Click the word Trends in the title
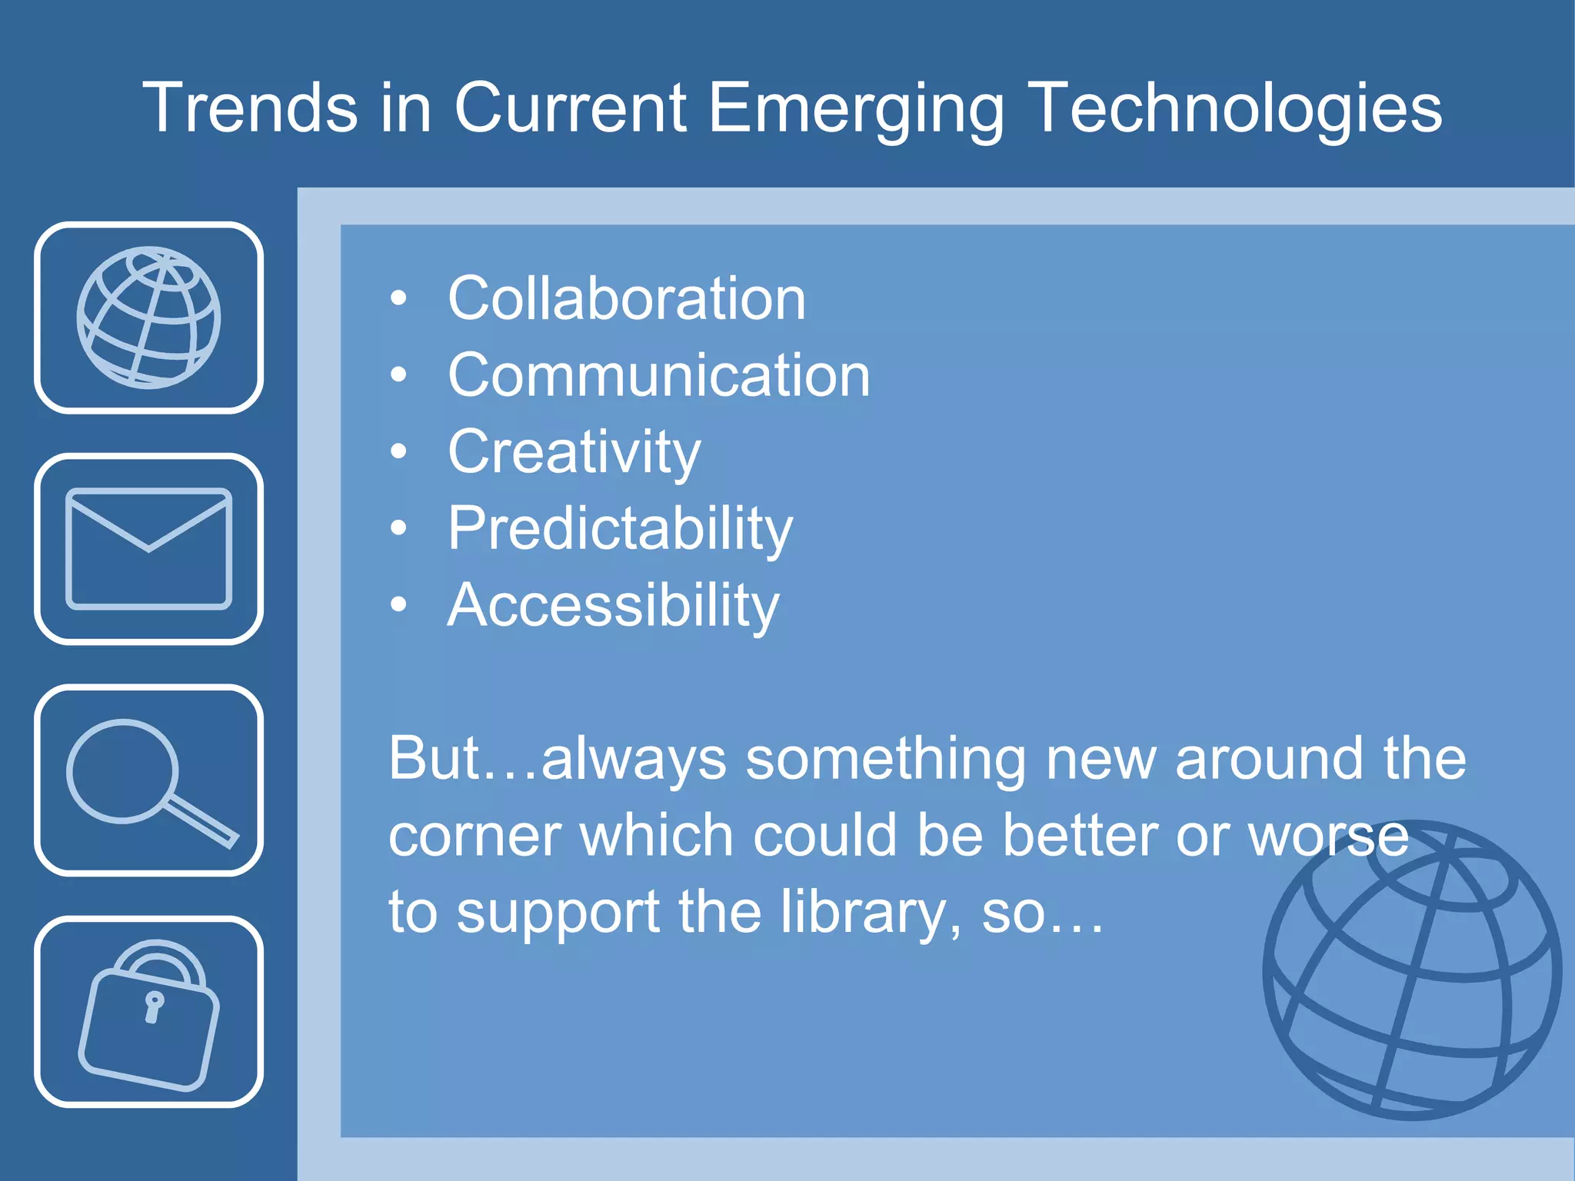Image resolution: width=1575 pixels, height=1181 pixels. pos(250,108)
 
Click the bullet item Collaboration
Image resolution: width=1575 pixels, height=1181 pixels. pos(627,298)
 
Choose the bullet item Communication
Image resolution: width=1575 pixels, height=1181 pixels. pos(658,375)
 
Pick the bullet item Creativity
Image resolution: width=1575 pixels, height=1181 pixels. pos(574,452)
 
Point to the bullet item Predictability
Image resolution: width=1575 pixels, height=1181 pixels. pos(620,529)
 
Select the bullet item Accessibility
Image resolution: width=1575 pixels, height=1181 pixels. pos(613,606)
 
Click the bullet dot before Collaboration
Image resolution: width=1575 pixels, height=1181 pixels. pos(398,298)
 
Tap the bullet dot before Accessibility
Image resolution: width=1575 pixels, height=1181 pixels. pos(398,605)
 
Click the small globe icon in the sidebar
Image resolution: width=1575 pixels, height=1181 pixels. pos(148,318)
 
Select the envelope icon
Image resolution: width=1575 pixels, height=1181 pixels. pos(148,548)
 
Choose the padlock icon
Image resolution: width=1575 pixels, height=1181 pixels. pos(148,1013)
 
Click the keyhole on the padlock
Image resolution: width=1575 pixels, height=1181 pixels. pos(154,1006)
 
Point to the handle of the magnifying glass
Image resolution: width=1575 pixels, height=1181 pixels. pos(201,822)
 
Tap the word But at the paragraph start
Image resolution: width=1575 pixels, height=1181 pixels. pos(434,759)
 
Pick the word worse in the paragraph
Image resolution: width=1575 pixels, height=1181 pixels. pos(1328,836)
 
